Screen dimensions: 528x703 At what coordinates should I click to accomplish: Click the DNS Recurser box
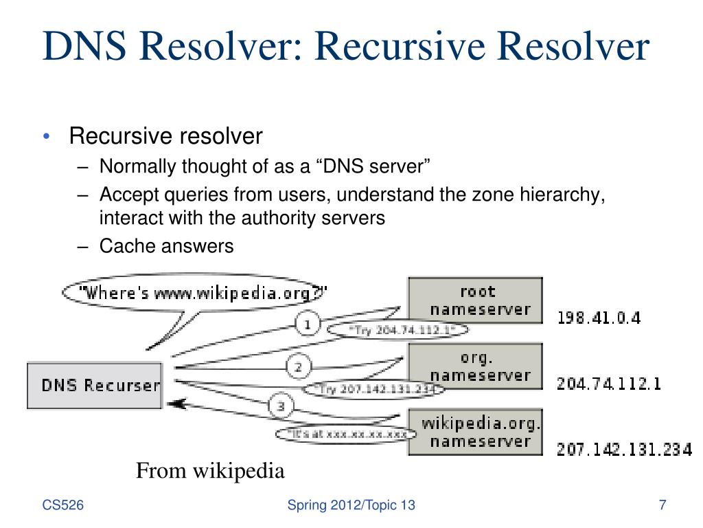coord(95,386)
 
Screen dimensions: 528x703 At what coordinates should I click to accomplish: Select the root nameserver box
coord(475,300)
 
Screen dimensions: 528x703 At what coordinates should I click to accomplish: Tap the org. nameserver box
coord(475,366)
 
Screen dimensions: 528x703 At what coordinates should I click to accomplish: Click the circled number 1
coord(308,323)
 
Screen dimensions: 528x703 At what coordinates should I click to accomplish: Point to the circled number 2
coord(298,367)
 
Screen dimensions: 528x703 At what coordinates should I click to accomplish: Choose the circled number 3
coord(280,406)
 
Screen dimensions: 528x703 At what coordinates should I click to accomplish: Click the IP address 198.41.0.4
coord(599,318)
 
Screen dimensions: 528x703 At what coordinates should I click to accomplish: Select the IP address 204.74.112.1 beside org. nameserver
coord(608,384)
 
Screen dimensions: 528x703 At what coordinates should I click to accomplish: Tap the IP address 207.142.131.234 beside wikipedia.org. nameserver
coord(623,450)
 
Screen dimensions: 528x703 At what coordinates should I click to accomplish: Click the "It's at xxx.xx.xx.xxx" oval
coord(346,434)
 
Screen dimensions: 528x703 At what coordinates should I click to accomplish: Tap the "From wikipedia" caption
coord(210,471)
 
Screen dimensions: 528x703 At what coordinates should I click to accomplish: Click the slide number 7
coord(662,506)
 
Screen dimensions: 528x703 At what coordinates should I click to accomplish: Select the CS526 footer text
coord(63,506)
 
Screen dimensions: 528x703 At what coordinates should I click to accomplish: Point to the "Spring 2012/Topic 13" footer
coord(351,506)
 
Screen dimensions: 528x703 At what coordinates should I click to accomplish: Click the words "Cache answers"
coord(167,245)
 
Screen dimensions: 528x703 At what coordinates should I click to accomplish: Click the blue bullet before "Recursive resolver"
coord(46,137)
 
